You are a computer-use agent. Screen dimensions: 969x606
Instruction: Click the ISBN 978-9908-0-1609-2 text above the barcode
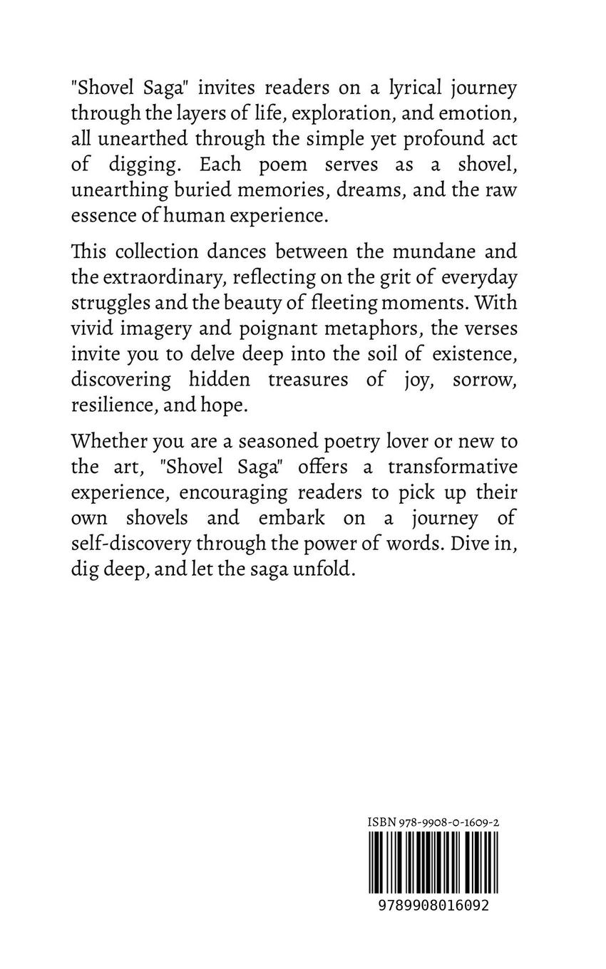tap(433, 822)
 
